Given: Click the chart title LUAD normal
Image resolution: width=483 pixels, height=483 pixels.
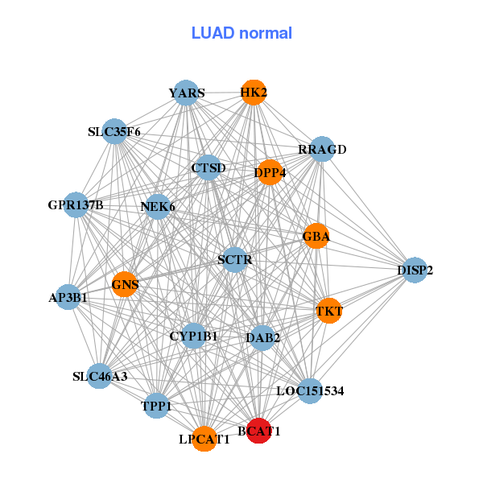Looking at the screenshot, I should coord(242,33).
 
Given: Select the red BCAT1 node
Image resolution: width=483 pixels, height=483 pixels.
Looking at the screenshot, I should coord(258,431).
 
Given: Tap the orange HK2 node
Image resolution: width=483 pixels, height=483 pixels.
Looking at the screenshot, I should coord(254,92).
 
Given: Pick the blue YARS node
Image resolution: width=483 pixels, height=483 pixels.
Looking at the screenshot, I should coord(186,93).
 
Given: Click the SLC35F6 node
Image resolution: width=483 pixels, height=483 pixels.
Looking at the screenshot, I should coord(115,131).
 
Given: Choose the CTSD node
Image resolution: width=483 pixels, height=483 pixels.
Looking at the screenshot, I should coord(208,168).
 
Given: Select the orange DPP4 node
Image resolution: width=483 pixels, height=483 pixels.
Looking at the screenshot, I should coord(270,172).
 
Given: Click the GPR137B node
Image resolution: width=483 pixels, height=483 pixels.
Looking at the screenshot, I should coord(76,205).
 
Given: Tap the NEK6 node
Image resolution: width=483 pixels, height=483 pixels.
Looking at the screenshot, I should coord(158,207).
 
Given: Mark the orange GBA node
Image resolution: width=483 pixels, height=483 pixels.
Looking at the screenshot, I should coord(316,237).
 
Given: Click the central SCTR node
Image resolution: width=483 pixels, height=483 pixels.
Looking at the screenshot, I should coord(235,259).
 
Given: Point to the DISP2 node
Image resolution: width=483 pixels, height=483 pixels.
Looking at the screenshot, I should coord(415,270).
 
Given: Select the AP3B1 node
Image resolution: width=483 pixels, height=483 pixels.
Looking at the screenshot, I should coord(68,297).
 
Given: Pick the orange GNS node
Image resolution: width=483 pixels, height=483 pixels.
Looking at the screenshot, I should coord(125,283).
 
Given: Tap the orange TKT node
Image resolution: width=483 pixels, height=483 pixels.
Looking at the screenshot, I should coord(329,311).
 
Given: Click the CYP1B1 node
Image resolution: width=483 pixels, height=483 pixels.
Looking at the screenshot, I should coord(193,336).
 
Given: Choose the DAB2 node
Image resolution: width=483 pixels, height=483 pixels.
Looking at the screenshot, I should coord(262,337).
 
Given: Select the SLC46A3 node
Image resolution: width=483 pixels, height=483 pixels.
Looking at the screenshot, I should coord(99,376).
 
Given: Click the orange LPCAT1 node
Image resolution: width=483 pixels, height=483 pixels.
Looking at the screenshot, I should coord(204,440).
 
